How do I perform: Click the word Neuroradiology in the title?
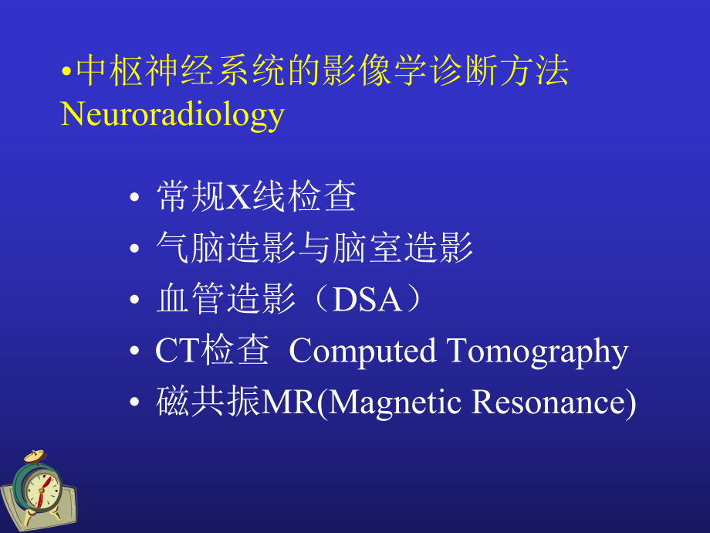coord(172,114)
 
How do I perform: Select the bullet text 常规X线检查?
coord(255,198)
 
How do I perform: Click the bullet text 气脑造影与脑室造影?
coord(314,249)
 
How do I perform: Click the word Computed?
coord(362,351)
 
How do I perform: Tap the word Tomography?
coord(537,351)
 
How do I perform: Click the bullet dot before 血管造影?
coord(135,301)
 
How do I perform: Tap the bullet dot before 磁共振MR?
coord(135,403)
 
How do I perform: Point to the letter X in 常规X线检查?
coord(235,199)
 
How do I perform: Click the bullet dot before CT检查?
coord(135,352)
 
